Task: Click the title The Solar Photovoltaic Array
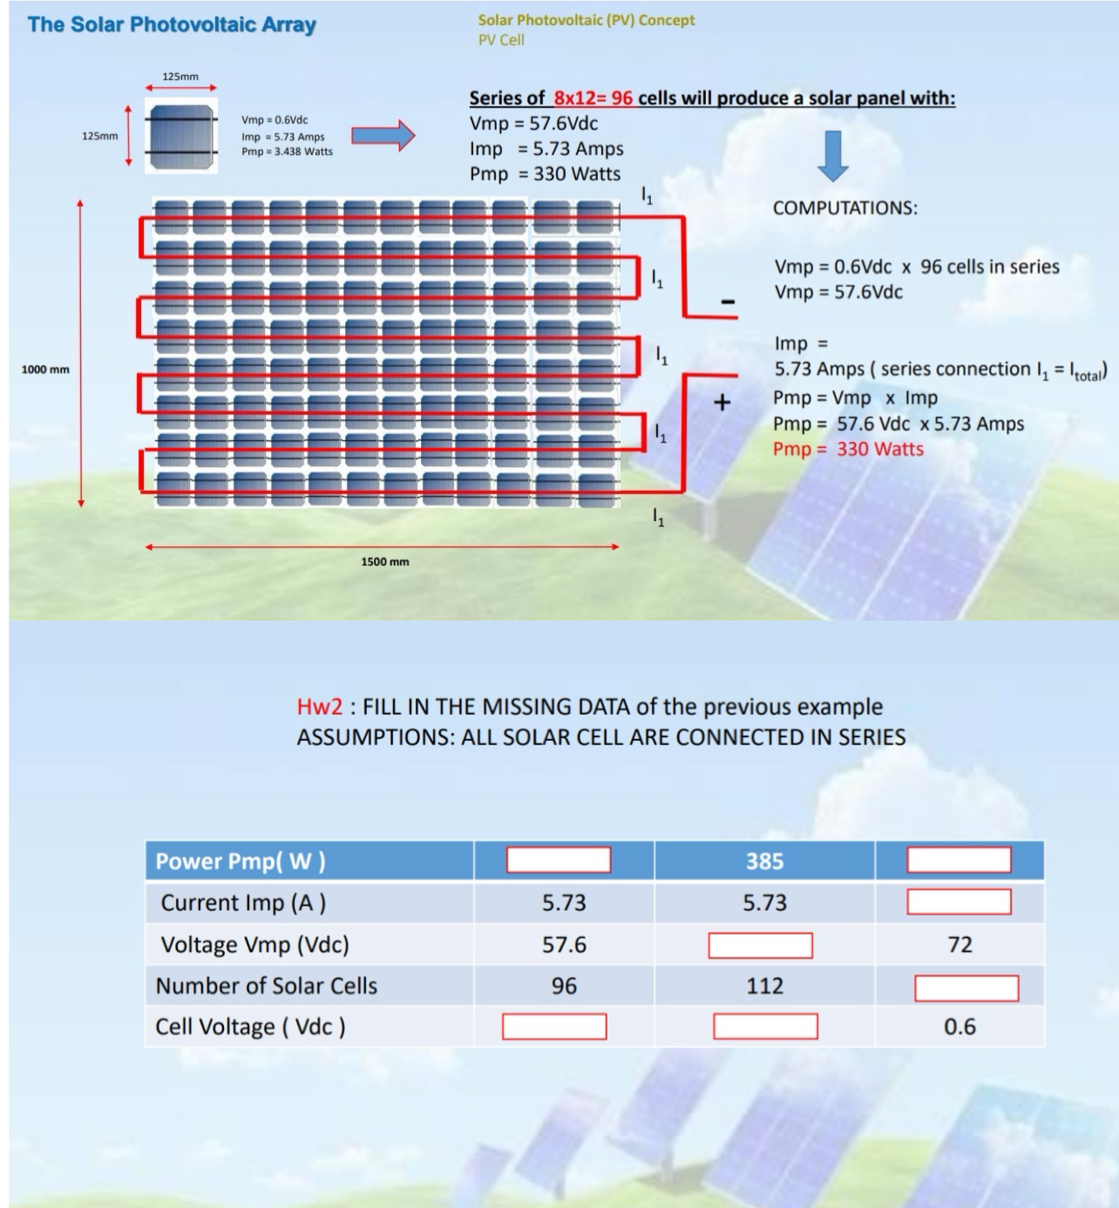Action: pyautogui.click(x=172, y=24)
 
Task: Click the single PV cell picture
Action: pyautogui.click(x=180, y=134)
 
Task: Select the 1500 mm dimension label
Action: pyautogui.click(x=384, y=561)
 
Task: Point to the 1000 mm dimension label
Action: pyautogui.click(x=45, y=370)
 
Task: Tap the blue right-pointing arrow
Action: pyautogui.click(x=383, y=135)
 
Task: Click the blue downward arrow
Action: pyautogui.click(x=833, y=155)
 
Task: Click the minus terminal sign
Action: pyautogui.click(x=728, y=302)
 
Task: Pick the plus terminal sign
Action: pyautogui.click(x=722, y=403)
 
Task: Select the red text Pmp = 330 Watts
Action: pyautogui.click(x=847, y=449)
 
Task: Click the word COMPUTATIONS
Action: pyautogui.click(x=844, y=207)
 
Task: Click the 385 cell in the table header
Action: pyautogui.click(x=764, y=861)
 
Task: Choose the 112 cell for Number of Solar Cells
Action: pyautogui.click(x=764, y=986)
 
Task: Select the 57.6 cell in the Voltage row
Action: pyautogui.click(x=564, y=945)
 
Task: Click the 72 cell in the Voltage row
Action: pyautogui.click(x=960, y=945)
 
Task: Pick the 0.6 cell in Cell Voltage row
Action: pyautogui.click(x=960, y=1027)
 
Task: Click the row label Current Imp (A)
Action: pyautogui.click(x=243, y=903)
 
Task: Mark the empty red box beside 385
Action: pyautogui.click(x=959, y=860)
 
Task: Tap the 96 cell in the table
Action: pyautogui.click(x=564, y=986)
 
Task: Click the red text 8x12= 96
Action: pyautogui.click(x=593, y=98)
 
